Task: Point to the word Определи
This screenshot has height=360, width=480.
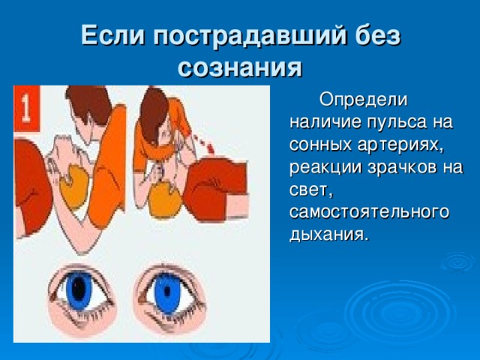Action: (363, 100)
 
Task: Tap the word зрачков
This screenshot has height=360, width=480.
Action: (399, 168)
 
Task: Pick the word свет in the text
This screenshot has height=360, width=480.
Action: (310, 190)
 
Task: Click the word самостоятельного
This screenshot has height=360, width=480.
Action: (369, 212)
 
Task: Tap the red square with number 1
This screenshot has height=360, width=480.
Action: (27, 109)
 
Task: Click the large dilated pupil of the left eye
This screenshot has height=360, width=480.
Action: (79, 288)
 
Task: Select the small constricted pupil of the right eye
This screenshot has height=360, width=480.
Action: (167, 291)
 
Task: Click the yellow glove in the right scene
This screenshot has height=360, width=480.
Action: (164, 200)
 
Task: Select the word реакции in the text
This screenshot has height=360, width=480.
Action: (325, 168)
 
